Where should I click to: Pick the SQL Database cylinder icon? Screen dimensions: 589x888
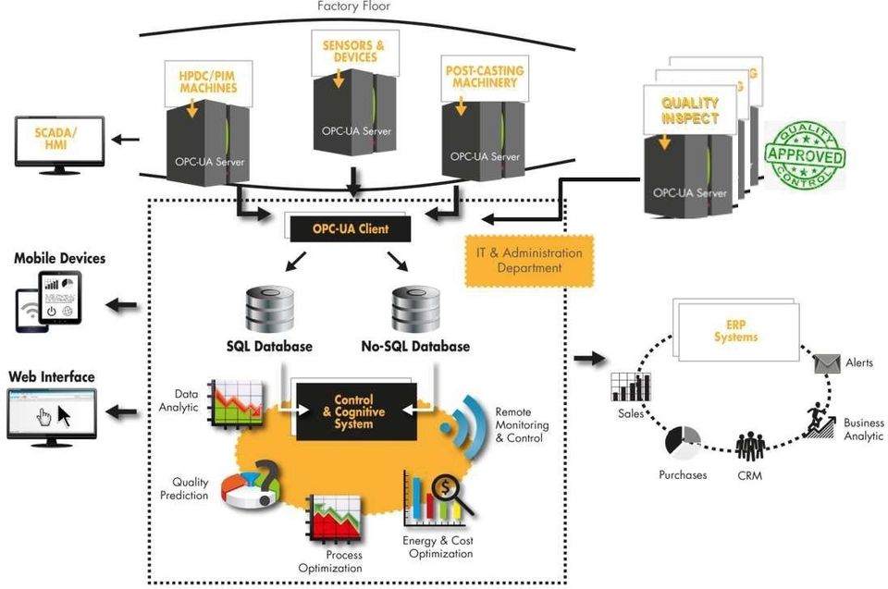[269, 310]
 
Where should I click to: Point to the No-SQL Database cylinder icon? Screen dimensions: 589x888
[414, 310]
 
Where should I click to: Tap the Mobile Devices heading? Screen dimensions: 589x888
[59, 258]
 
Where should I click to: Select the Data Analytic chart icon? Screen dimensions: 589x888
[235, 403]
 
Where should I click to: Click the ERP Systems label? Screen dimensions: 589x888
[736, 332]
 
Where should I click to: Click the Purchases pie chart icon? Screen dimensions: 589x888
[683, 443]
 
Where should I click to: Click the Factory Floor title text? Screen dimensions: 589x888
[353, 6]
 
